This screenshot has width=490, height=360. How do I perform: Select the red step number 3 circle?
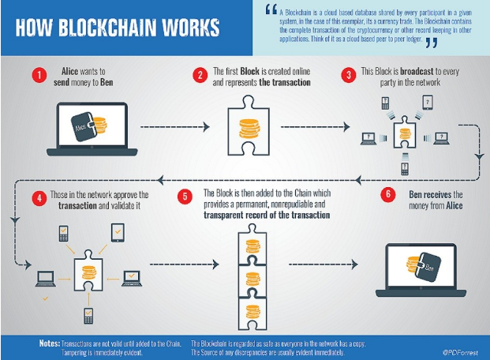pyautogui.click(x=348, y=76)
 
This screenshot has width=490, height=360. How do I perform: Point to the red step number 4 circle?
pyautogui.click(x=36, y=197)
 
